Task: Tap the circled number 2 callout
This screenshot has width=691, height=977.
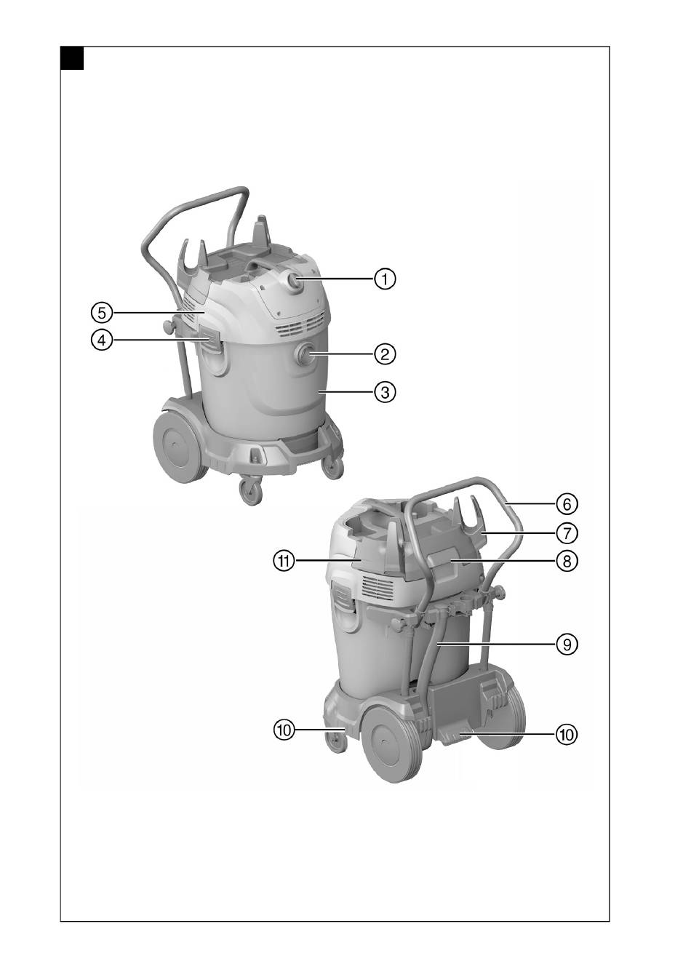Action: click(385, 354)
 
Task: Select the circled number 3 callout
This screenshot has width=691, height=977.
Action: click(385, 392)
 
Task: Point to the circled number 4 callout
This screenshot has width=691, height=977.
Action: click(102, 340)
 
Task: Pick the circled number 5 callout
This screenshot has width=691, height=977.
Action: click(102, 312)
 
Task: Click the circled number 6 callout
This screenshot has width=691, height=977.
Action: click(567, 504)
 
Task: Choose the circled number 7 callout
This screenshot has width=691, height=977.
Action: click(567, 533)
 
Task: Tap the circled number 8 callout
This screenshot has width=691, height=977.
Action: click(567, 561)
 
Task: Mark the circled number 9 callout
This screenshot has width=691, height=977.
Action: click(567, 644)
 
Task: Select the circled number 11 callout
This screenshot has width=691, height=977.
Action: click(284, 561)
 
